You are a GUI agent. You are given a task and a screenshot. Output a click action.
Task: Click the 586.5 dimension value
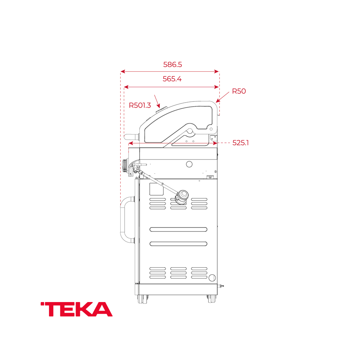(172, 65)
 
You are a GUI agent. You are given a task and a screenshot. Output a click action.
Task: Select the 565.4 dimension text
(172, 79)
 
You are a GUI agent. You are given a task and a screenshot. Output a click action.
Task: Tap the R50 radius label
(239, 91)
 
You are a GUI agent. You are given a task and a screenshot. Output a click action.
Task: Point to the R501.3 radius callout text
(140, 105)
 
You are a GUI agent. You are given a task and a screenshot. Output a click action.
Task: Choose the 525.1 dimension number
(240, 143)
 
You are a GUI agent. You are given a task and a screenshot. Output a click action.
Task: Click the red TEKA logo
(77, 309)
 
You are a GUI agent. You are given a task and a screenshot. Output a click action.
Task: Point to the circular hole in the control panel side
(189, 164)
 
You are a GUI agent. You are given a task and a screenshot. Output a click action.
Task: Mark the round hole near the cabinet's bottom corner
(212, 278)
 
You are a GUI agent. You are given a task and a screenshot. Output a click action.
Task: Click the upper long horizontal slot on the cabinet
(178, 229)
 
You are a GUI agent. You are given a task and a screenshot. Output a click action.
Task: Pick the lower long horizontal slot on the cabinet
(178, 244)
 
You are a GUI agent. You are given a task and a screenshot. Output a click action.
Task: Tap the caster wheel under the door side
(143, 299)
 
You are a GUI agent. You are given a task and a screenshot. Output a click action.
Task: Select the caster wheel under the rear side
(212, 299)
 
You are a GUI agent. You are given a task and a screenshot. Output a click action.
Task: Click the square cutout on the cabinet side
(155, 188)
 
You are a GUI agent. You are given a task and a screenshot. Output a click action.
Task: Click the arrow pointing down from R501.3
(157, 102)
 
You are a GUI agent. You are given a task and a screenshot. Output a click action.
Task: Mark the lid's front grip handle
(131, 137)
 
